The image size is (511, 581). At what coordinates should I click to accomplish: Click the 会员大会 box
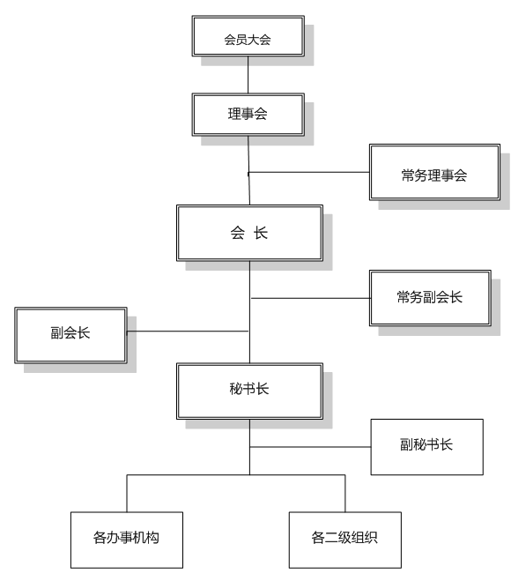(x=248, y=39)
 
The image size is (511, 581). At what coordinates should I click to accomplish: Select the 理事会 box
(x=248, y=114)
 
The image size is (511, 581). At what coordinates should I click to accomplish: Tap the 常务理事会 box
(x=433, y=174)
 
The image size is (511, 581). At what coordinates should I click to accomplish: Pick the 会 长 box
(x=248, y=233)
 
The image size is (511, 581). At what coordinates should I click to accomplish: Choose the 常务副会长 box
(x=429, y=297)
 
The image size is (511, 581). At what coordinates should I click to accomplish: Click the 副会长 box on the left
(x=70, y=333)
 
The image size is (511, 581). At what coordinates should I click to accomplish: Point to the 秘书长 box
(x=248, y=390)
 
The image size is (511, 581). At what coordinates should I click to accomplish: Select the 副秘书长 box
(x=427, y=445)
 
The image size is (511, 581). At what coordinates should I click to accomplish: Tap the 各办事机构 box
(x=126, y=539)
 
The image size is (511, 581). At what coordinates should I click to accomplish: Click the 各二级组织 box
(x=344, y=539)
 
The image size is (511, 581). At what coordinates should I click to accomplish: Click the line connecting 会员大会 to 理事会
(x=248, y=75)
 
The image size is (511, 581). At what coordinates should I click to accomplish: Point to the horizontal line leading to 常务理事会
(x=308, y=172)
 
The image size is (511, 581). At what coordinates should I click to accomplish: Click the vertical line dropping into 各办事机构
(x=126, y=494)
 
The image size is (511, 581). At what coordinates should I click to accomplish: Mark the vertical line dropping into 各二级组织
(x=344, y=494)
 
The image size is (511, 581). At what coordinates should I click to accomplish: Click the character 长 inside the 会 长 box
(x=261, y=233)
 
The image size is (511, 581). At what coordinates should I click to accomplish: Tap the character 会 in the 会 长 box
(x=236, y=233)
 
